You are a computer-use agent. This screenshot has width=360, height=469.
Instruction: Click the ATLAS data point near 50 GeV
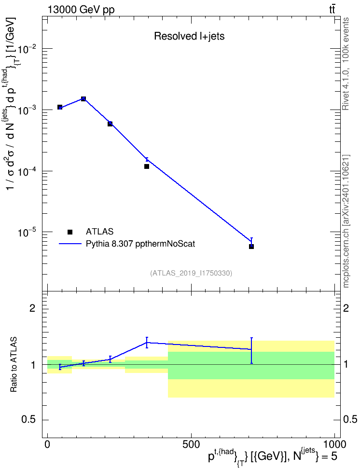60,107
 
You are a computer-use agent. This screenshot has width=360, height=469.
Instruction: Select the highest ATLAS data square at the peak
83,99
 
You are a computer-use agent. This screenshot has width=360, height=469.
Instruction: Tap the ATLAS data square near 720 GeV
251,247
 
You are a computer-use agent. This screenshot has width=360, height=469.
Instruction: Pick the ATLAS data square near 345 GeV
147,166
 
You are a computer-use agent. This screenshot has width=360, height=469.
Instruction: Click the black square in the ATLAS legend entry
70,232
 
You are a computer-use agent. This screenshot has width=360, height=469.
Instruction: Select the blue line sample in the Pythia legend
70,244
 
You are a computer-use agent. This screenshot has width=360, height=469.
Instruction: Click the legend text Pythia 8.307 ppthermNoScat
140,244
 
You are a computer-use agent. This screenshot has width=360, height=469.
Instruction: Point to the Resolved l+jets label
189,36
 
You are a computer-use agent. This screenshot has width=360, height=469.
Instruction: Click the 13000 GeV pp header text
81,10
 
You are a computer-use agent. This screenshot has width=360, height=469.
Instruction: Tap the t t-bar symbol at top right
332,10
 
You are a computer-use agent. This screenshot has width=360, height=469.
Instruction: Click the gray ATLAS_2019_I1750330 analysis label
191,273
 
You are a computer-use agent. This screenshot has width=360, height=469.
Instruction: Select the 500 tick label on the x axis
191,444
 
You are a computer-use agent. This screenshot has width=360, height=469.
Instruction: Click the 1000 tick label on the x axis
334,444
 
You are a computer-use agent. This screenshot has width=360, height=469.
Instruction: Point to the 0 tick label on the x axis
47,444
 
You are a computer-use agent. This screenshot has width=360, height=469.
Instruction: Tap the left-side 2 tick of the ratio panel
32,308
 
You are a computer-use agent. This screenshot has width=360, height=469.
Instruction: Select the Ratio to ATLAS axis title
14,365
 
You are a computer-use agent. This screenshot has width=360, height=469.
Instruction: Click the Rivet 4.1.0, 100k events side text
346,64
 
